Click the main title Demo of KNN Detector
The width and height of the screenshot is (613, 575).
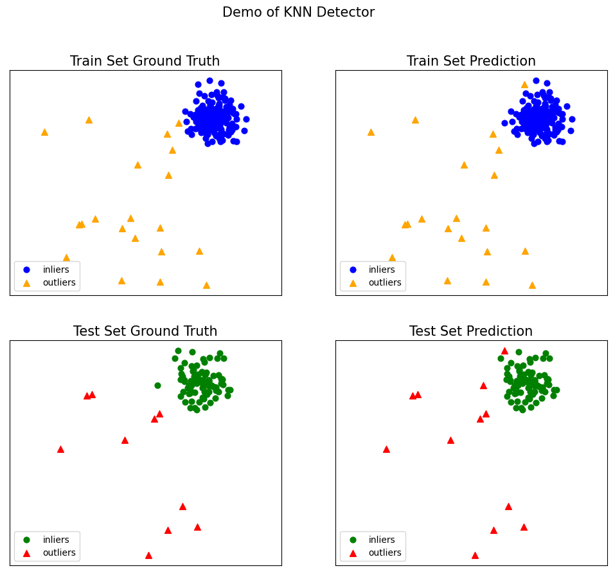(298, 12)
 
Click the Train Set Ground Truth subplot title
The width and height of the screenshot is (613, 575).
(145, 61)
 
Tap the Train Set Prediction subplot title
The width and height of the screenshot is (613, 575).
(471, 61)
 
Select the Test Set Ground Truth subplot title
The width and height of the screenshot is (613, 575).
(145, 331)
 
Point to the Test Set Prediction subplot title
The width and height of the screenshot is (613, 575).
(471, 331)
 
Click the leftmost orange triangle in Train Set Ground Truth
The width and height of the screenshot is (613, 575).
(44, 132)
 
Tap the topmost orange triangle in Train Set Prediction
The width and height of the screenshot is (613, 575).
(524, 84)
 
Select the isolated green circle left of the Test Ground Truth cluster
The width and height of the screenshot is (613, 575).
(157, 385)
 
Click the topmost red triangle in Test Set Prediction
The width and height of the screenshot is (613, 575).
(504, 351)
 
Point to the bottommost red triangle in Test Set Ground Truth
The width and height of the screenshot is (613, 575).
(148, 555)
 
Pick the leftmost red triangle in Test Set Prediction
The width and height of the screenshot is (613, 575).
(386, 449)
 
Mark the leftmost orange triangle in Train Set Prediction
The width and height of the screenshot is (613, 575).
(371, 132)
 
